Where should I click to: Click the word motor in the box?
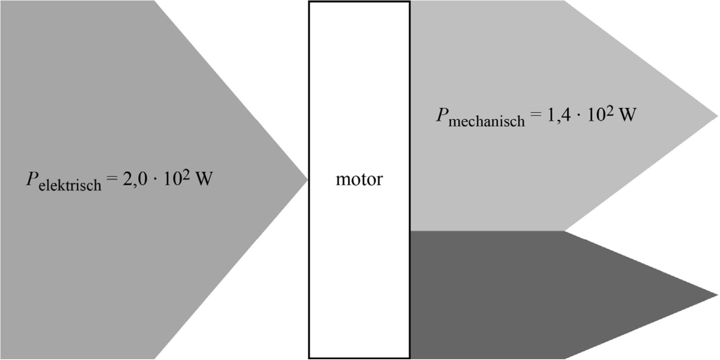click(359, 179)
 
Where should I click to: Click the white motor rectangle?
click(359, 265)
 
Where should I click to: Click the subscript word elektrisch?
click(70, 185)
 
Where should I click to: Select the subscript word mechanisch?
click(487, 121)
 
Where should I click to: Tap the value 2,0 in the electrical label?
click(135, 179)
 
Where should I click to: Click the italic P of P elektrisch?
click(32, 178)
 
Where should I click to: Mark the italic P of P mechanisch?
click(442, 115)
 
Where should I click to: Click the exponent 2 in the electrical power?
click(186, 174)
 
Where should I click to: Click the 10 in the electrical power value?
click(172, 179)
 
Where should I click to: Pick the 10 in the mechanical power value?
click(596, 115)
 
